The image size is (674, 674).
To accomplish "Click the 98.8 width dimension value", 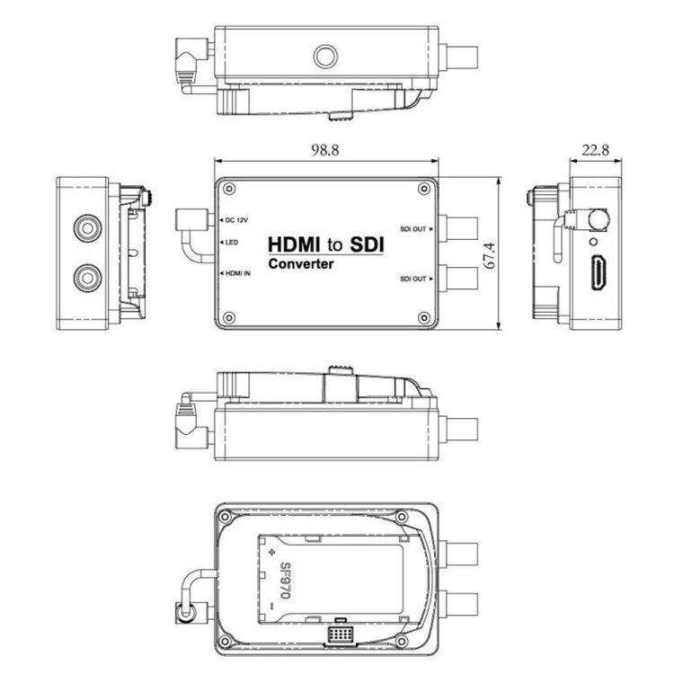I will tap(325, 151).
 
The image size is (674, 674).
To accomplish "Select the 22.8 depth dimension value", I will tap(594, 151).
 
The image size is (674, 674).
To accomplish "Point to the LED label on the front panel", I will tap(231, 243).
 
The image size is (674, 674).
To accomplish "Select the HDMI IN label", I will tap(237, 272).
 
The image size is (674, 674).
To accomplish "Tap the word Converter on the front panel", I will tap(302, 265).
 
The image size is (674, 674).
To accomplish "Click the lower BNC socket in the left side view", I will tap(87, 276).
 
